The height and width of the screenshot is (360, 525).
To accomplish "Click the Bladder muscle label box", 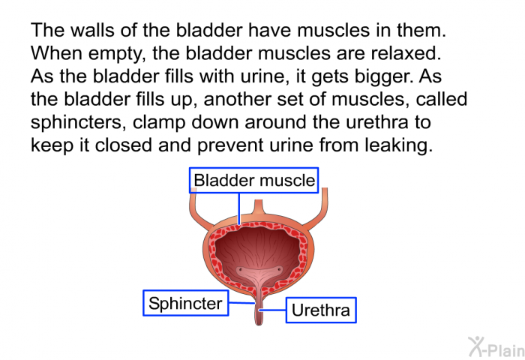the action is click(x=253, y=180).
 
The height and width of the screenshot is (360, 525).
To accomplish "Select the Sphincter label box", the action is click(x=186, y=303).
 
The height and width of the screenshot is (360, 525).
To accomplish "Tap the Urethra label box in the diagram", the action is click(x=321, y=310).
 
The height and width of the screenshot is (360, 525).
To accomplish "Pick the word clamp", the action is click(x=159, y=122).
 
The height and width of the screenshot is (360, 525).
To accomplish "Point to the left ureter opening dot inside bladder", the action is click(x=241, y=269).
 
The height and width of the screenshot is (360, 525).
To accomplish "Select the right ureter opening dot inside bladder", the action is click(x=280, y=269).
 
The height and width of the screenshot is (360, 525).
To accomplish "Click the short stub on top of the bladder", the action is click(x=259, y=207).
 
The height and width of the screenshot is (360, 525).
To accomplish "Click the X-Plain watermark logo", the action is click(x=496, y=347).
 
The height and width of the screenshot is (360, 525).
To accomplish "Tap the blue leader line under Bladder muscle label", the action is click(x=239, y=208).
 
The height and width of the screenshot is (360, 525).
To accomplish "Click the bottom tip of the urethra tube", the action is click(x=259, y=325).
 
